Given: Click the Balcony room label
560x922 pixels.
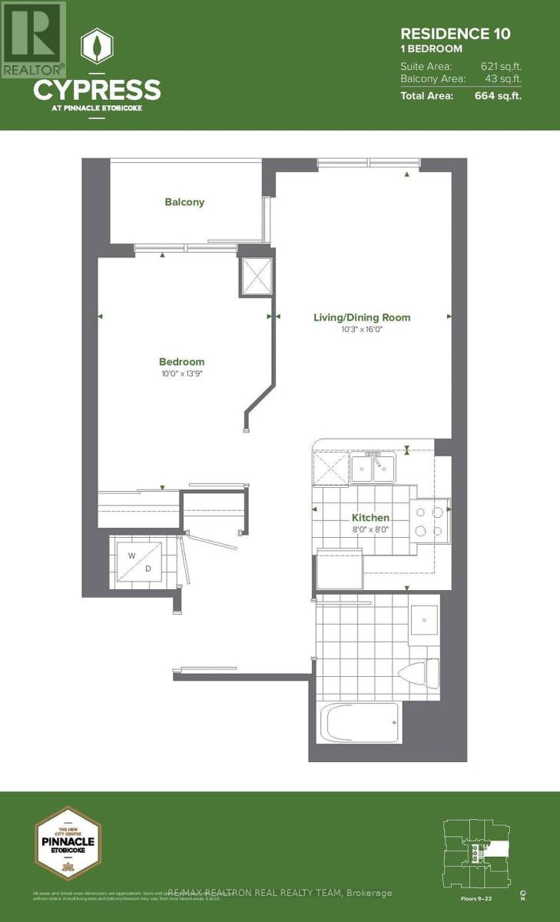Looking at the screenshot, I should (184, 202).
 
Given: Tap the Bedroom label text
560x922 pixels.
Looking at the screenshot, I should (181, 362).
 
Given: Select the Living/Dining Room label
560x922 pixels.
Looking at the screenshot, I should (361, 317).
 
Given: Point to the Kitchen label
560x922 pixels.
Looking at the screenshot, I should (370, 518).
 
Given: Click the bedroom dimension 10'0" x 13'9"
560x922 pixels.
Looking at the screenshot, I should (181, 374).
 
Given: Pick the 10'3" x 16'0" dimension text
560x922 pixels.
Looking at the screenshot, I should (361, 330).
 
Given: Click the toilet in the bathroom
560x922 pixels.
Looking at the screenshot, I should (419, 672).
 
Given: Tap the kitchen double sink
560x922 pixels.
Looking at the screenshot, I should (373, 467).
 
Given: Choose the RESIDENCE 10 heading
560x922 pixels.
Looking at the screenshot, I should (455, 33).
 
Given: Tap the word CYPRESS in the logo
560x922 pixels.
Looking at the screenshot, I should (97, 90).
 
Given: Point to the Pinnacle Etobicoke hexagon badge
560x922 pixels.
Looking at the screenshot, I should (68, 843).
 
